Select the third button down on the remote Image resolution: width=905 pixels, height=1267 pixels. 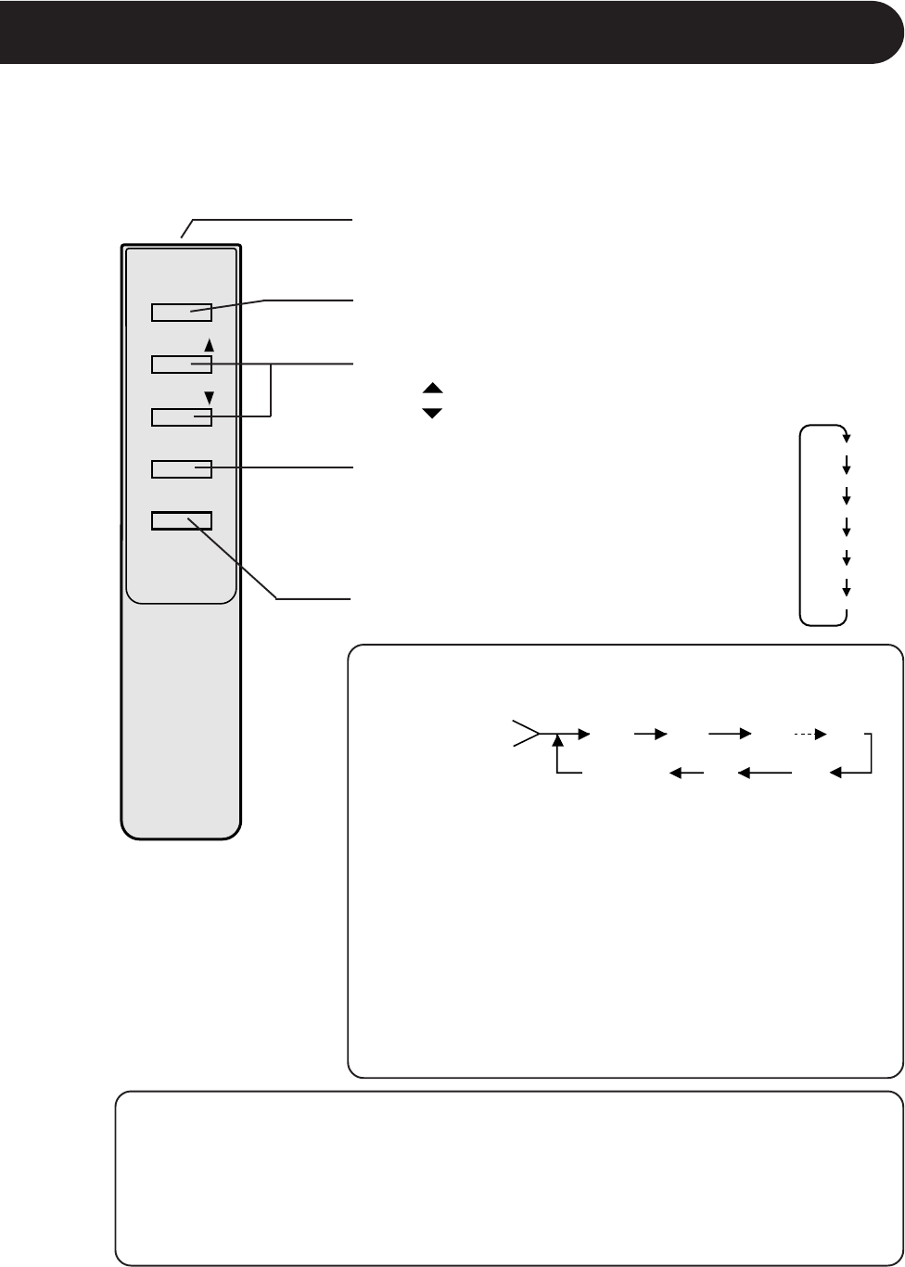(182, 417)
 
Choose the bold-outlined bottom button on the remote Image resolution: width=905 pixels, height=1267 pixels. (182, 520)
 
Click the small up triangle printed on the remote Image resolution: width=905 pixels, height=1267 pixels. (209, 345)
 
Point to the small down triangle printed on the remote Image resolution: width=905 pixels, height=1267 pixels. (209, 398)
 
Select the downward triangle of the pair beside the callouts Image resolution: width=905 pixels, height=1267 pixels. (432, 412)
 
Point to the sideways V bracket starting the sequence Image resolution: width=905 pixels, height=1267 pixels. (525, 734)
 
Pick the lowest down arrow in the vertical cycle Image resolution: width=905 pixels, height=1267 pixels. (846, 588)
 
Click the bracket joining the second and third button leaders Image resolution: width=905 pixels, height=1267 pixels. (270, 390)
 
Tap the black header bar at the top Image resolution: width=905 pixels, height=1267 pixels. (452, 32)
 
